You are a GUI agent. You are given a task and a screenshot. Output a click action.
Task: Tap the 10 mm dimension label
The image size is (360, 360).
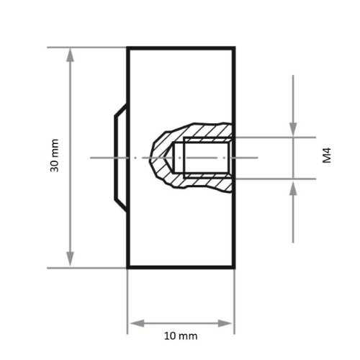tap(180, 336)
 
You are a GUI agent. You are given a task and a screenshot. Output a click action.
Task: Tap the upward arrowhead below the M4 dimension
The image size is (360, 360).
tap(293, 184)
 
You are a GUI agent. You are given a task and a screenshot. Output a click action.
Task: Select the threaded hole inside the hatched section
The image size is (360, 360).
tap(205, 157)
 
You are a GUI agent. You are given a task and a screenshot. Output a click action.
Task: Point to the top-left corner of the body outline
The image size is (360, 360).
tap(128, 48)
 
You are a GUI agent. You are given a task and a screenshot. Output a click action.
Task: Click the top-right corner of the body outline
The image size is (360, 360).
tap(234, 48)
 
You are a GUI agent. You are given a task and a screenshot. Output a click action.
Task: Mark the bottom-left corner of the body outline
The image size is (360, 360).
tap(128, 267)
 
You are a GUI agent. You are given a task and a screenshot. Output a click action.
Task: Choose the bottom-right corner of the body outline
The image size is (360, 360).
tap(234, 267)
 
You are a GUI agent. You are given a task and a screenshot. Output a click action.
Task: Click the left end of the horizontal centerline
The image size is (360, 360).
tap(91, 157)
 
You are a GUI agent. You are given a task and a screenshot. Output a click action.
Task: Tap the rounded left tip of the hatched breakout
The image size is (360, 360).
tap(151, 157)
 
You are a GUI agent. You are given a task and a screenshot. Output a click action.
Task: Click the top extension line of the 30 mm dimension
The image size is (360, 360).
tap(86, 48)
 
